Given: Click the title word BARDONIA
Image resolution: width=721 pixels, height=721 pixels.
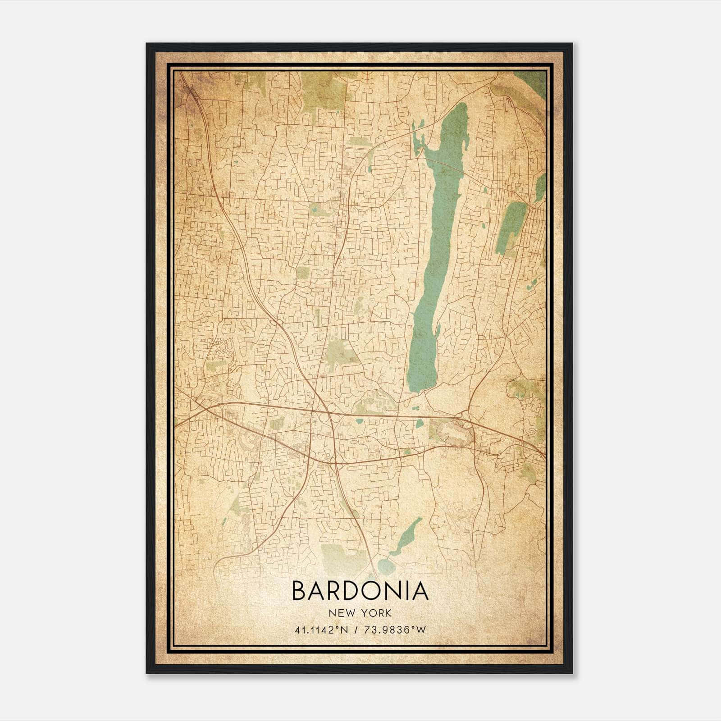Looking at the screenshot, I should tap(360, 591).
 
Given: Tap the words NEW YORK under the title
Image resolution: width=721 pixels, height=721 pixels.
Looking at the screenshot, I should tap(360, 613).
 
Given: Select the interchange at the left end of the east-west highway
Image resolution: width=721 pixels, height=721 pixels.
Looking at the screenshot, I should tap(205, 403).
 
